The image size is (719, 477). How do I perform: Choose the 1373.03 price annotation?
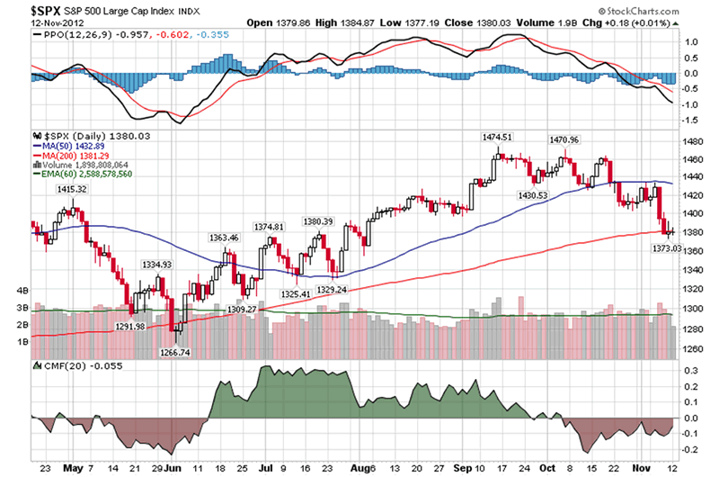(x=667, y=247)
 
